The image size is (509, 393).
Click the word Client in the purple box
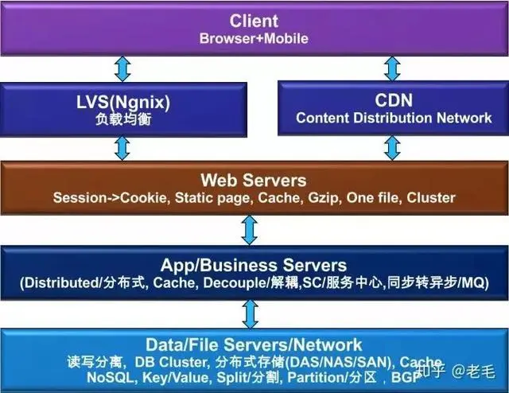point(254,20)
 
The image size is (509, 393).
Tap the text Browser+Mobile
point(254,37)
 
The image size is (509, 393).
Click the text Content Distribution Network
point(394,118)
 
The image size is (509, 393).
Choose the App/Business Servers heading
point(254,265)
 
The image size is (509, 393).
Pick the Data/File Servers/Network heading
point(254,344)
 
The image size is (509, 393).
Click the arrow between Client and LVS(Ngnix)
point(122,68)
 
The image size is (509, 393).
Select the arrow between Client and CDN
point(393,68)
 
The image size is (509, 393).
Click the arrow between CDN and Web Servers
point(393,147)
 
